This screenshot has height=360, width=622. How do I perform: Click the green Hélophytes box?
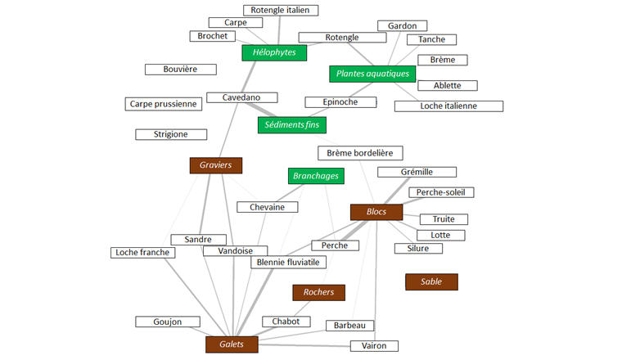coord(274,53)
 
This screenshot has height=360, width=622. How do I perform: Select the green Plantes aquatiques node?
coord(372,74)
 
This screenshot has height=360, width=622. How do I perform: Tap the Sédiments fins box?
coord(292,125)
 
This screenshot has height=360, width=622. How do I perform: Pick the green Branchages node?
coord(315,175)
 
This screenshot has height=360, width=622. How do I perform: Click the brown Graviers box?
coord(216,165)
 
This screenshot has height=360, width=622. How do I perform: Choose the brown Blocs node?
coord(376,212)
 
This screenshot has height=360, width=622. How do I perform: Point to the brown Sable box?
coord(431,281)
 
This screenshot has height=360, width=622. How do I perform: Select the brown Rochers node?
coord(318,292)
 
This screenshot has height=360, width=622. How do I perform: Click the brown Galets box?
coord(232,344)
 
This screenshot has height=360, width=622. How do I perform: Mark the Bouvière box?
coord(180,70)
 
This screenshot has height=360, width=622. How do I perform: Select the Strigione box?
coord(170,134)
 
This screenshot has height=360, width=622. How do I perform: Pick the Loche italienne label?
coord(448,106)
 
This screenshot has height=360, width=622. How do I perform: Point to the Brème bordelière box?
coord(359,153)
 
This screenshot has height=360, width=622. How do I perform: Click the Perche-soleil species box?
coord(444,192)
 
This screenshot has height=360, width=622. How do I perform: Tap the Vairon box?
coord(374,346)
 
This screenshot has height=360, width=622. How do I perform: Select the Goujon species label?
coord(167,322)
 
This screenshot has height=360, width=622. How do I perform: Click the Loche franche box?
coord(142,253)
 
